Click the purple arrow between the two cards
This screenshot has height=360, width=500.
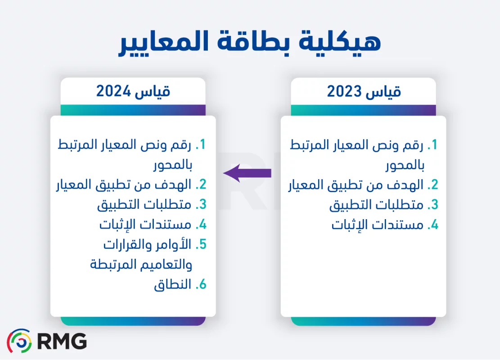point(247,173)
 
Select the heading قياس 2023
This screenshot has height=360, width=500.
point(364,92)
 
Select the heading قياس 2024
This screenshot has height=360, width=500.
point(133,92)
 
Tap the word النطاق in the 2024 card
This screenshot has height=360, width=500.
point(172,285)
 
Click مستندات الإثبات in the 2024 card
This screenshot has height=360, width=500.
point(145,225)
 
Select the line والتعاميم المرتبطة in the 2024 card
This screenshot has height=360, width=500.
point(141,264)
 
